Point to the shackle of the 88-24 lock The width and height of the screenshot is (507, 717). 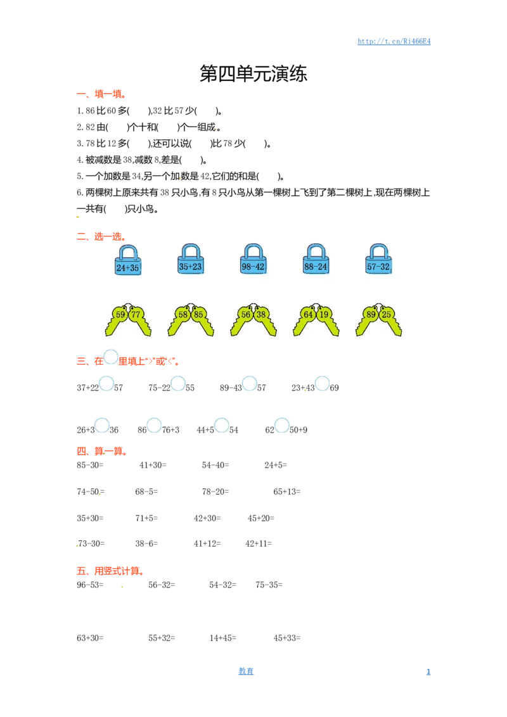click(x=316, y=250)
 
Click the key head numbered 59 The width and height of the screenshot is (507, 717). click(x=120, y=314)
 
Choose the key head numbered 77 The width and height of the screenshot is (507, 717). click(x=136, y=314)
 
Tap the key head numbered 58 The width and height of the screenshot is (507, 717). click(x=183, y=314)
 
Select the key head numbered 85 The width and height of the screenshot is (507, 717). click(x=198, y=314)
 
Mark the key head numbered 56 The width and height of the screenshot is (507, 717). click(x=246, y=314)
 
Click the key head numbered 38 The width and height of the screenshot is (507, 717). click(x=261, y=314)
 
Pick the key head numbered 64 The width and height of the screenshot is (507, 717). click(x=309, y=314)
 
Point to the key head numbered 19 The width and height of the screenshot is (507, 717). click(x=324, y=314)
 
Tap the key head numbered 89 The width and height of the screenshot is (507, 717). click(x=371, y=314)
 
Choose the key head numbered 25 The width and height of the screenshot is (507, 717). click(x=387, y=314)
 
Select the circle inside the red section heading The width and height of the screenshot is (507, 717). click(x=111, y=357)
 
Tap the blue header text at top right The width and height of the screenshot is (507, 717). click(x=395, y=42)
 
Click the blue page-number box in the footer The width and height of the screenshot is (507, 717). click(x=246, y=670)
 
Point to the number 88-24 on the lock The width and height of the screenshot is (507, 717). click(x=316, y=267)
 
